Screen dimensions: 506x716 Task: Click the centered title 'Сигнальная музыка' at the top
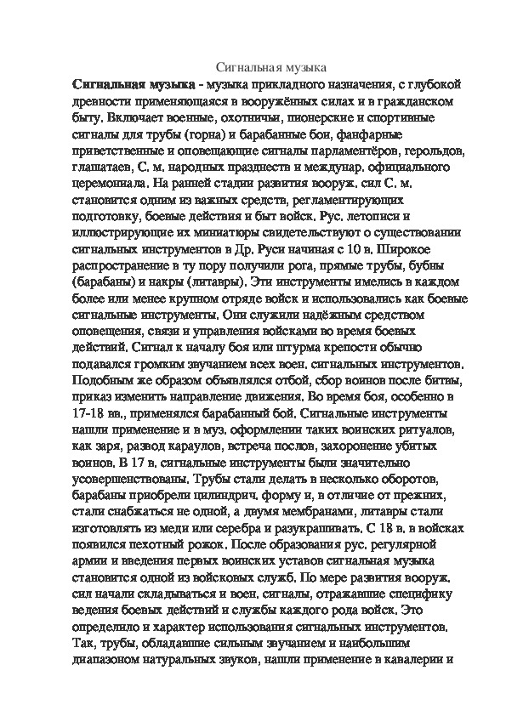coord(267,67)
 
